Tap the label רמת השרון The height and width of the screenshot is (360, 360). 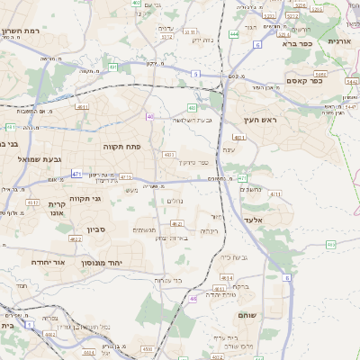[20, 31]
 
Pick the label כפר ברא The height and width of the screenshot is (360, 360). [297, 42]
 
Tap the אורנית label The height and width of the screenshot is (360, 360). [341, 41]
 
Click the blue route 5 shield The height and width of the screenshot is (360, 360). [195, 73]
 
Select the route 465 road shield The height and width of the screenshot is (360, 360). [331, 244]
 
